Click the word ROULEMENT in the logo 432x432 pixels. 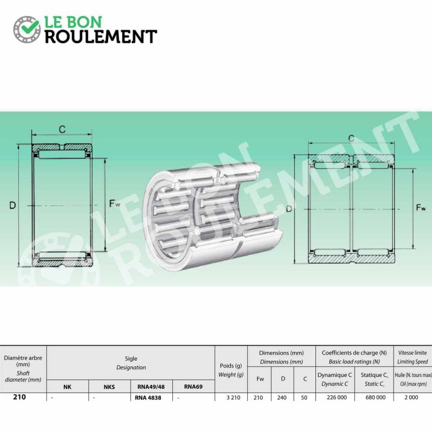[x=101, y=37]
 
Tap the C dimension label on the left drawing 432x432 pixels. [x=62, y=129]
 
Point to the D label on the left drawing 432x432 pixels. [x=12, y=205]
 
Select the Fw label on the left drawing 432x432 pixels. [x=114, y=204]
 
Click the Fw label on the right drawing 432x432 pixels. [x=421, y=207]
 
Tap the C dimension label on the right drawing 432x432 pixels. [x=352, y=138]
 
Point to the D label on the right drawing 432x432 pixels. [x=289, y=209]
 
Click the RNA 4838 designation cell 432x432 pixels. [x=148, y=398]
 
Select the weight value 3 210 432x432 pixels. [x=233, y=397]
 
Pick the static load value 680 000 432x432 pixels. [x=375, y=397]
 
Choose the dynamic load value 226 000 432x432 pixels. [x=336, y=397]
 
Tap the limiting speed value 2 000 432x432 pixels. [x=411, y=397]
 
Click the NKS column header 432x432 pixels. [x=109, y=387]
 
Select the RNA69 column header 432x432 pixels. [x=193, y=387]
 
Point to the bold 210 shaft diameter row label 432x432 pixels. [x=19, y=397]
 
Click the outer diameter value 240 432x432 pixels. [x=282, y=397]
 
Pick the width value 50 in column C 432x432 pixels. [x=304, y=397]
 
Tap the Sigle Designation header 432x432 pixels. [x=131, y=363]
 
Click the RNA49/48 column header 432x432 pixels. [x=151, y=387]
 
